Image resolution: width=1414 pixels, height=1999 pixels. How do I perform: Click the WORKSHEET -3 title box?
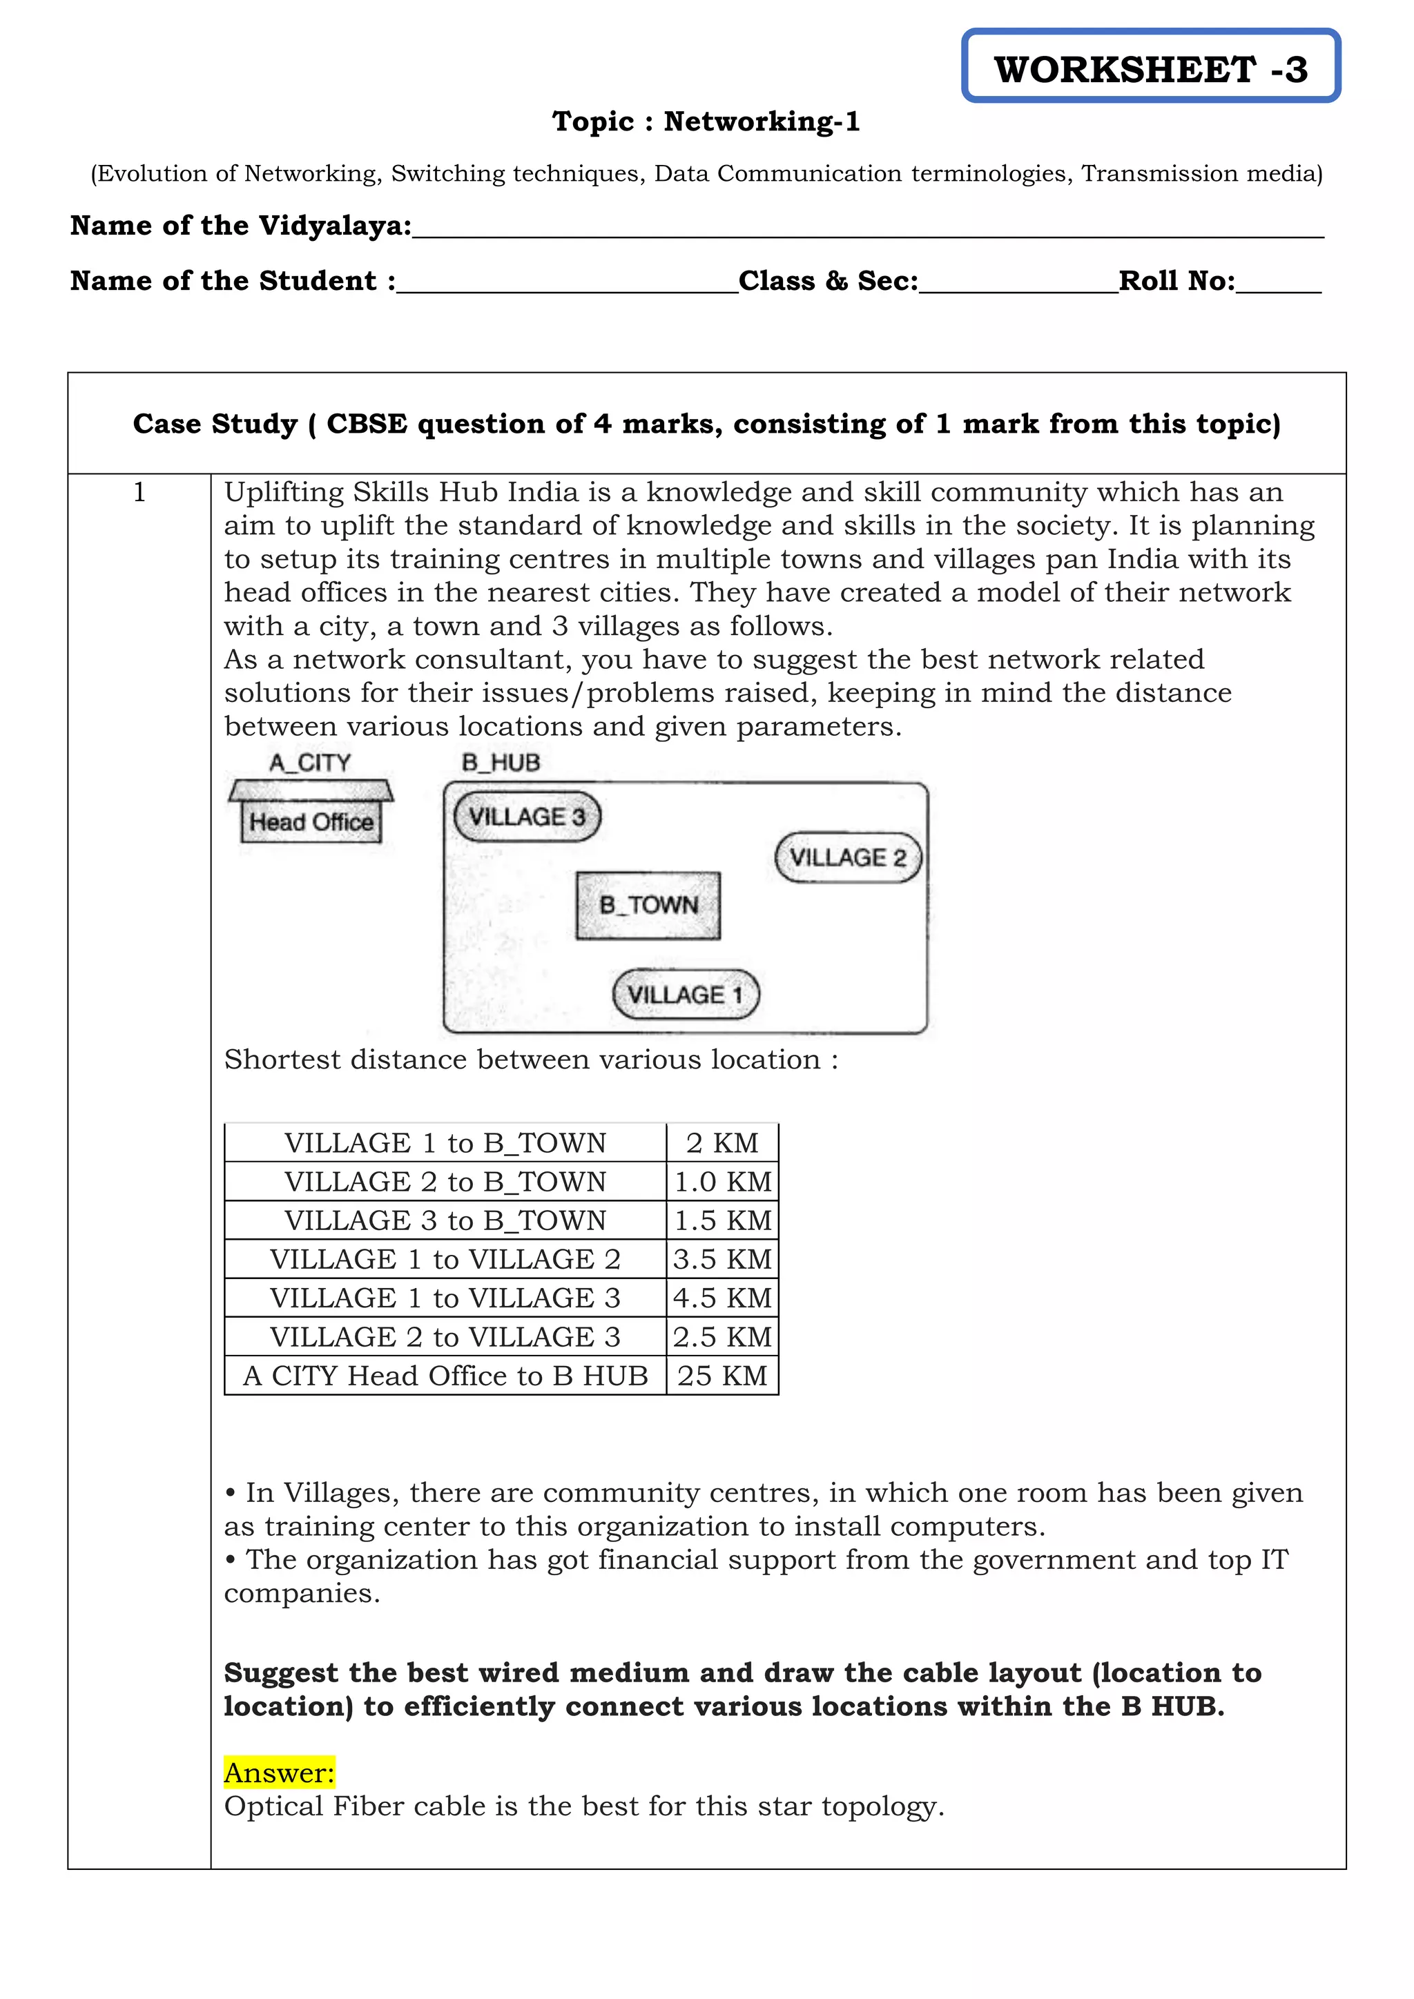pyautogui.click(x=1150, y=67)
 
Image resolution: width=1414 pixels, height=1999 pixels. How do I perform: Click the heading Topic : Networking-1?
pyautogui.click(x=706, y=121)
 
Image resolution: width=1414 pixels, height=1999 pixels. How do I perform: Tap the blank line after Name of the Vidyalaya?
pyautogui.click(x=867, y=228)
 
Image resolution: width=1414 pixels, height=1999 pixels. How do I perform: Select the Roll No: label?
pyautogui.click(x=1176, y=280)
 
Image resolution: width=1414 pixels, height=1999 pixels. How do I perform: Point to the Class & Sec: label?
pyautogui.click(x=828, y=280)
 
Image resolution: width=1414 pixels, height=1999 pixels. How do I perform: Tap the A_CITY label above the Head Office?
pyautogui.click(x=310, y=763)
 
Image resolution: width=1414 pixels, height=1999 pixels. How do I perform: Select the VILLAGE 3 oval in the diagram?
pyautogui.click(x=527, y=817)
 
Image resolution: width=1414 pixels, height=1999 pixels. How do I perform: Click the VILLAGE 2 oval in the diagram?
pyautogui.click(x=847, y=857)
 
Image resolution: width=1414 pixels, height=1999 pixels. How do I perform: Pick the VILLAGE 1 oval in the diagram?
pyautogui.click(x=685, y=994)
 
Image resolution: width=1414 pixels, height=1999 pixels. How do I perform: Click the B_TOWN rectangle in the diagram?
pyautogui.click(x=648, y=906)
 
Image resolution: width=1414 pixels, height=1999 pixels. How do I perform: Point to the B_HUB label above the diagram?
pyautogui.click(x=501, y=763)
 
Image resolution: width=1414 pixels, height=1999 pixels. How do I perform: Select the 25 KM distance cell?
pyautogui.click(x=721, y=1376)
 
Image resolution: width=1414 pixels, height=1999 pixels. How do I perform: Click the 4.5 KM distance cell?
pyautogui.click(x=721, y=1297)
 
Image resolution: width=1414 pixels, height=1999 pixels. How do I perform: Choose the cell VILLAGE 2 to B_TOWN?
pyautogui.click(x=445, y=1182)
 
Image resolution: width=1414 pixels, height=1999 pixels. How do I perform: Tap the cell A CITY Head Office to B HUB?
pyautogui.click(x=445, y=1376)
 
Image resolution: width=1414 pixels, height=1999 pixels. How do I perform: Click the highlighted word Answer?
pyautogui.click(x=279, y=1773)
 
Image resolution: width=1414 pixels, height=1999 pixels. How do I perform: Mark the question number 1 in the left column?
pyautogui.click(x=139, y=493)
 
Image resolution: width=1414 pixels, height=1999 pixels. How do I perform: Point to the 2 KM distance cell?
pyautogui.click(x=721, y=1142)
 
